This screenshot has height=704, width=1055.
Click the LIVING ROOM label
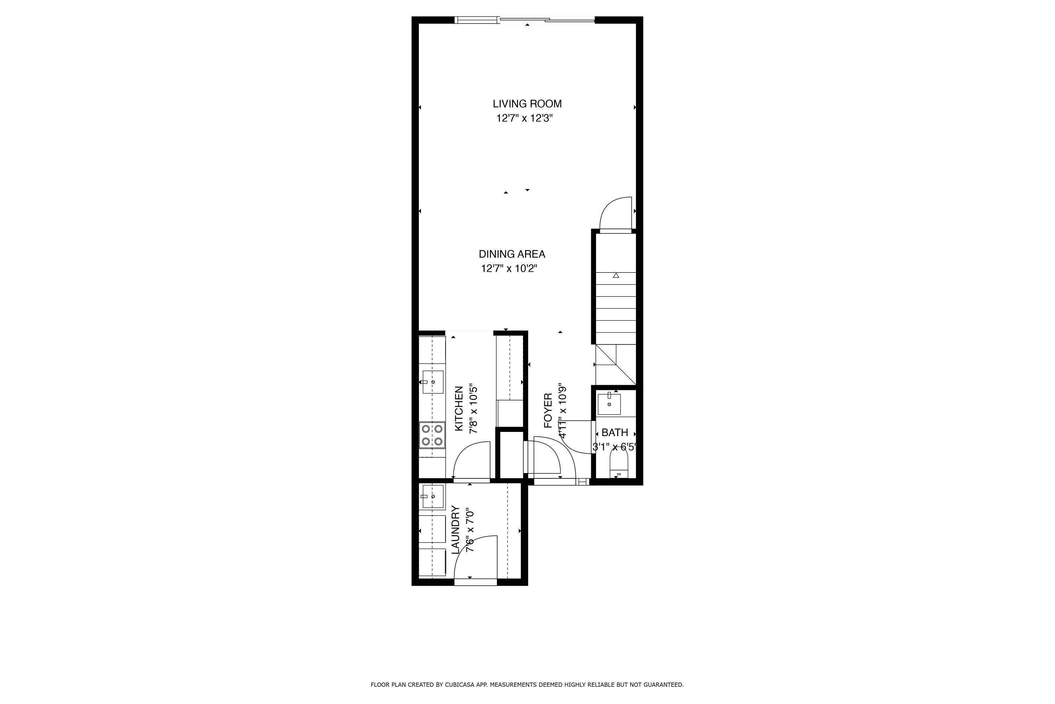[x=527, y=104]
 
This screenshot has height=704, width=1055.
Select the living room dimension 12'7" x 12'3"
[x=524, y=119]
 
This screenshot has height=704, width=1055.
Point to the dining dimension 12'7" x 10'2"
[x=509, y=269]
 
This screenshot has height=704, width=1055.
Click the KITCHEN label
[x=459, y=409]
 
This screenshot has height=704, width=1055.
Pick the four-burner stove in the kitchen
[x=433, y=435]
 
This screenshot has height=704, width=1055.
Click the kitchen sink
[x=433, y=382]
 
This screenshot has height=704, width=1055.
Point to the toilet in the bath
[x=619, y=464]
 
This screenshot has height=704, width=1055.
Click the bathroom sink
[x=609, y=404]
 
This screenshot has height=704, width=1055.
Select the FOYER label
[x=548, y=410]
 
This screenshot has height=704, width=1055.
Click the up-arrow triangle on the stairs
[x=616, y=275]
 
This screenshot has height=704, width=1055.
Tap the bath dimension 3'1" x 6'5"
[x=614, y=447]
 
